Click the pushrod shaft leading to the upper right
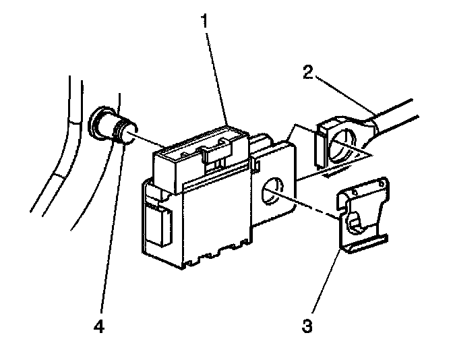404,115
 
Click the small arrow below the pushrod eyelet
333,173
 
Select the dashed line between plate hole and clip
307,206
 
